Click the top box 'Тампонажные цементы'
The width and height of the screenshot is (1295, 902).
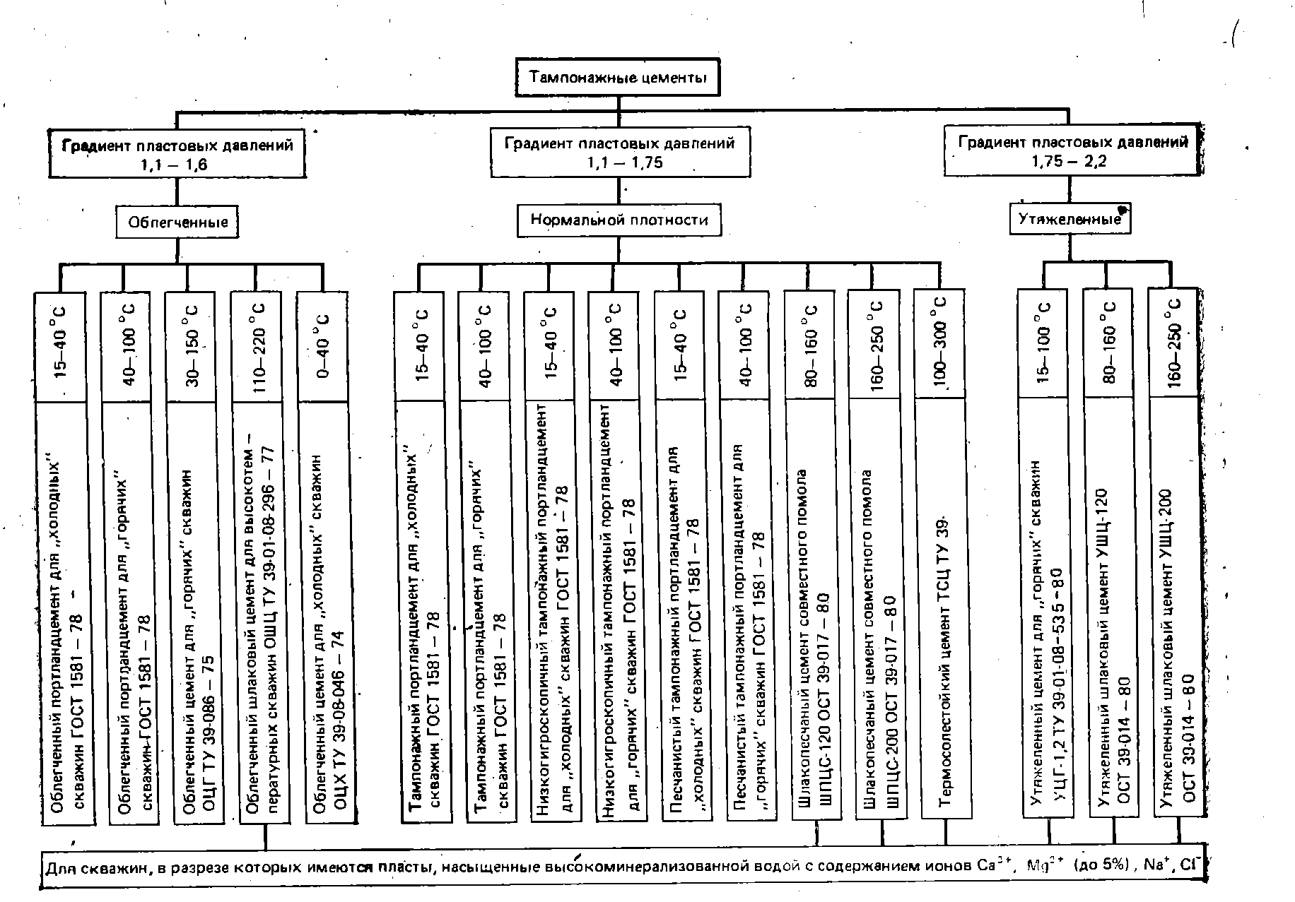tap(618, 77)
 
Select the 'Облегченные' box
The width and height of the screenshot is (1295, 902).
tap(177, 222)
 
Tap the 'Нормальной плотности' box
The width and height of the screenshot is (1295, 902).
tap(619, 220)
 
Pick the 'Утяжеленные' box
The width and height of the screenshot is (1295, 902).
tap(1070, 219)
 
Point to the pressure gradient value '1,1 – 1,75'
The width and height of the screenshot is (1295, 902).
tap(619, 162)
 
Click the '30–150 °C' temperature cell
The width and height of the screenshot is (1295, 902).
tap(192, 346)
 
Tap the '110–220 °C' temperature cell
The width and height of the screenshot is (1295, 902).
tap(257, 346)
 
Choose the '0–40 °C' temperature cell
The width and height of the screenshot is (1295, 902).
tap(323, 346)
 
